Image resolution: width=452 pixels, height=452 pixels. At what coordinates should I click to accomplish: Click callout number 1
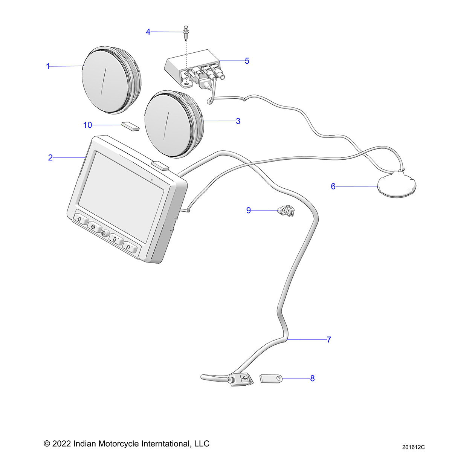(48, 66)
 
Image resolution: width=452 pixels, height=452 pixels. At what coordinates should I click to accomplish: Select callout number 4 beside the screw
(148, 32)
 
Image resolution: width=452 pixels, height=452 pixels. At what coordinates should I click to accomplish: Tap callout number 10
(87, 125)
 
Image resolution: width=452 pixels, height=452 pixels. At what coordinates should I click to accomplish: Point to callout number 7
(329, 340)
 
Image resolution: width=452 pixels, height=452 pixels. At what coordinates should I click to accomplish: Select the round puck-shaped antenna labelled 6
(397, 185)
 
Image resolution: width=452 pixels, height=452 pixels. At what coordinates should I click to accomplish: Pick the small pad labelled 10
(130, 126)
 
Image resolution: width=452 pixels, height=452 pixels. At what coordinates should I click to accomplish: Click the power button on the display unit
(105, 234)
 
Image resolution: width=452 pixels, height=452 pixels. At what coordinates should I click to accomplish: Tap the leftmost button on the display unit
(80, 220)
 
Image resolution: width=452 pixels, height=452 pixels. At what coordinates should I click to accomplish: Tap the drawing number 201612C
(413, 447)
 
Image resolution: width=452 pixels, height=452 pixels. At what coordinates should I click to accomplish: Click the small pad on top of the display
(160, 165)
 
